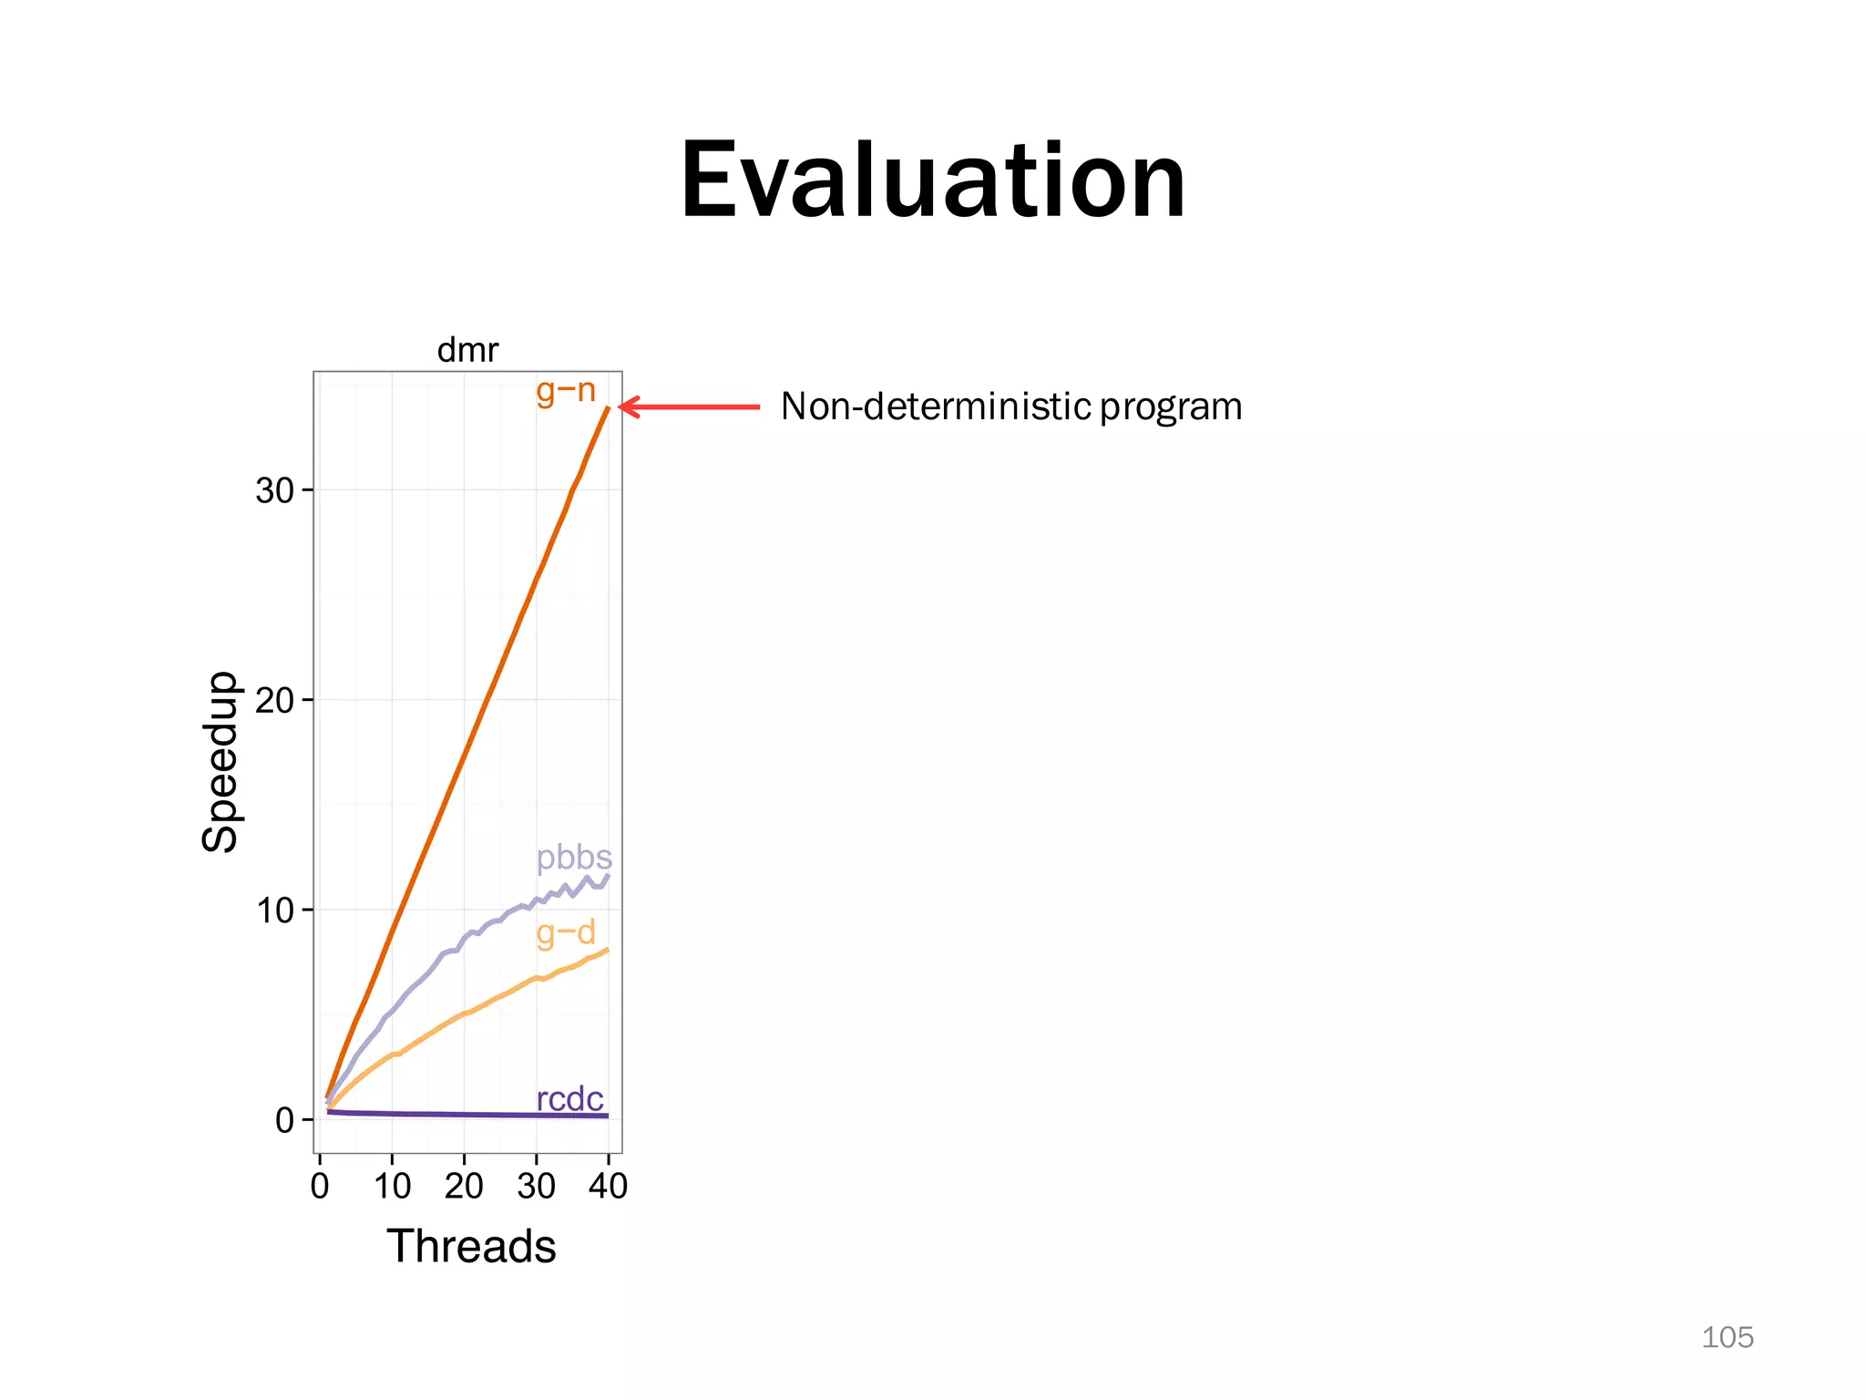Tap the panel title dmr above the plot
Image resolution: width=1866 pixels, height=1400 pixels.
[x=467, y=350]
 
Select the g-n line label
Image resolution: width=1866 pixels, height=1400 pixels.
[x=566, y=391]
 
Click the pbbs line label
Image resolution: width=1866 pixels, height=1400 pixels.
[x=574, y=858]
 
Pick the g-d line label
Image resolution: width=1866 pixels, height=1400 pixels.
[x=566, y=932]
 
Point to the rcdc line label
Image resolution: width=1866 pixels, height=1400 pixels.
[x=569, y=1099]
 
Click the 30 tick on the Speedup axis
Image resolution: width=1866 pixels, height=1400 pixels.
[x=274, y=491]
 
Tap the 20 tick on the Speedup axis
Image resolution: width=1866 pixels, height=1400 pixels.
[x=274, y=701]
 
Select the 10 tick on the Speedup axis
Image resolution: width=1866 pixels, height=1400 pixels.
[x=274, y=911]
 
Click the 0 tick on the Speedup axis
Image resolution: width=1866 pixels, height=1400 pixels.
[x=285, y=1120]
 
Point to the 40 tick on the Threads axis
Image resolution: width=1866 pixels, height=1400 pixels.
[x=608, y=1187]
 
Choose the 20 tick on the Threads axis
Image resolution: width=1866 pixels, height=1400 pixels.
[x=464, y=1187]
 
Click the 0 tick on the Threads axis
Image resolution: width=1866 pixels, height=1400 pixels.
[x=320, y=1187]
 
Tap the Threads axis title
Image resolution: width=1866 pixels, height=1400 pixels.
[x=471, y=1246]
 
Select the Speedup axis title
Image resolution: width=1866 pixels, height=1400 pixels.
[x=220, y=762]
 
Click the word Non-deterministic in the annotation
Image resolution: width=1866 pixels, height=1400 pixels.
[x=935, y=407]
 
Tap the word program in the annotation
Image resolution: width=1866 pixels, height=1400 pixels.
[x=1171, y=407]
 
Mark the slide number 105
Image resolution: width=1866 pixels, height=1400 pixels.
[x=1727, y=1337]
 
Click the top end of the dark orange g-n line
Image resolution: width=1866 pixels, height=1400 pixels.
[x=608, y=407]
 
